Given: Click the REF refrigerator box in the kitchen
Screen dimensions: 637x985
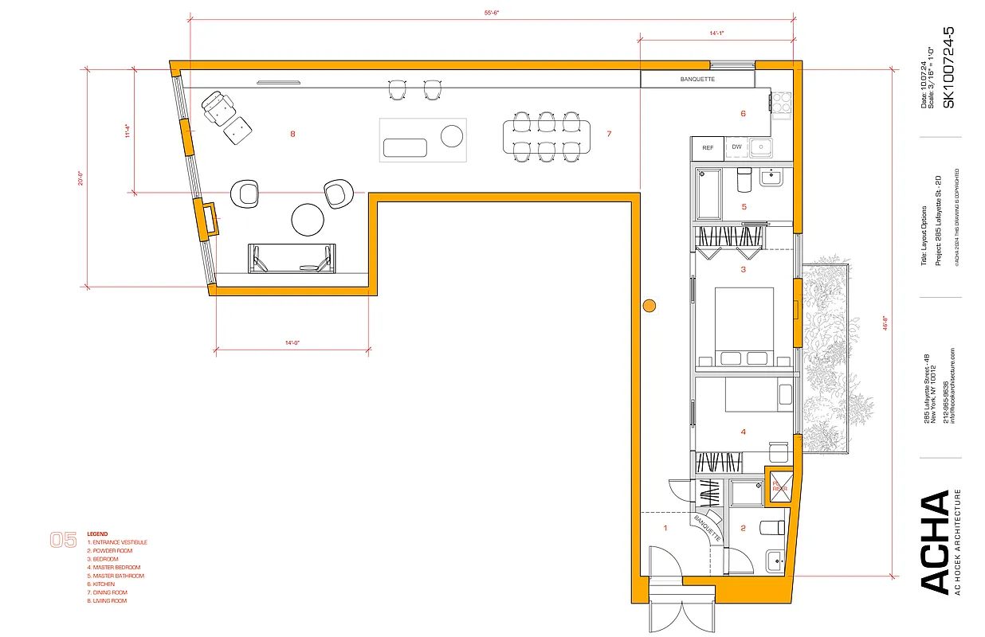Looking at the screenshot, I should tap(707, 147).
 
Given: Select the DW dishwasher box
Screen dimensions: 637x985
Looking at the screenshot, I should tap(736, 147).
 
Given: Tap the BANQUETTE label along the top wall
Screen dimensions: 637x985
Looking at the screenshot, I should tap(697, 80).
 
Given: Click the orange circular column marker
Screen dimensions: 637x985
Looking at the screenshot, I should tap(649, 304).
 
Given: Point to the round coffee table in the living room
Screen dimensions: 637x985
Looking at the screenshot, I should tap(308, 220).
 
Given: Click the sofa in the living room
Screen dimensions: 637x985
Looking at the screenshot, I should tap(292, 259).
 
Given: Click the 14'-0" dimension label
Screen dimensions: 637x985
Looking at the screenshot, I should tap(291, 342).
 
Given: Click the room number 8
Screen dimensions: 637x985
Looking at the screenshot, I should tap(292, 135).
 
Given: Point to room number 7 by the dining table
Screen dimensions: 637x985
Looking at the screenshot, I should tap(608, 134).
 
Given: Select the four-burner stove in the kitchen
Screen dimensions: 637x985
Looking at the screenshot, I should tap(780, 102).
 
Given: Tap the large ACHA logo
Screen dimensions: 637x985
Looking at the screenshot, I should tap(936, 541).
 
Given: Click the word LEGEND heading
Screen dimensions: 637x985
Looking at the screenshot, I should tap(97, 534).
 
